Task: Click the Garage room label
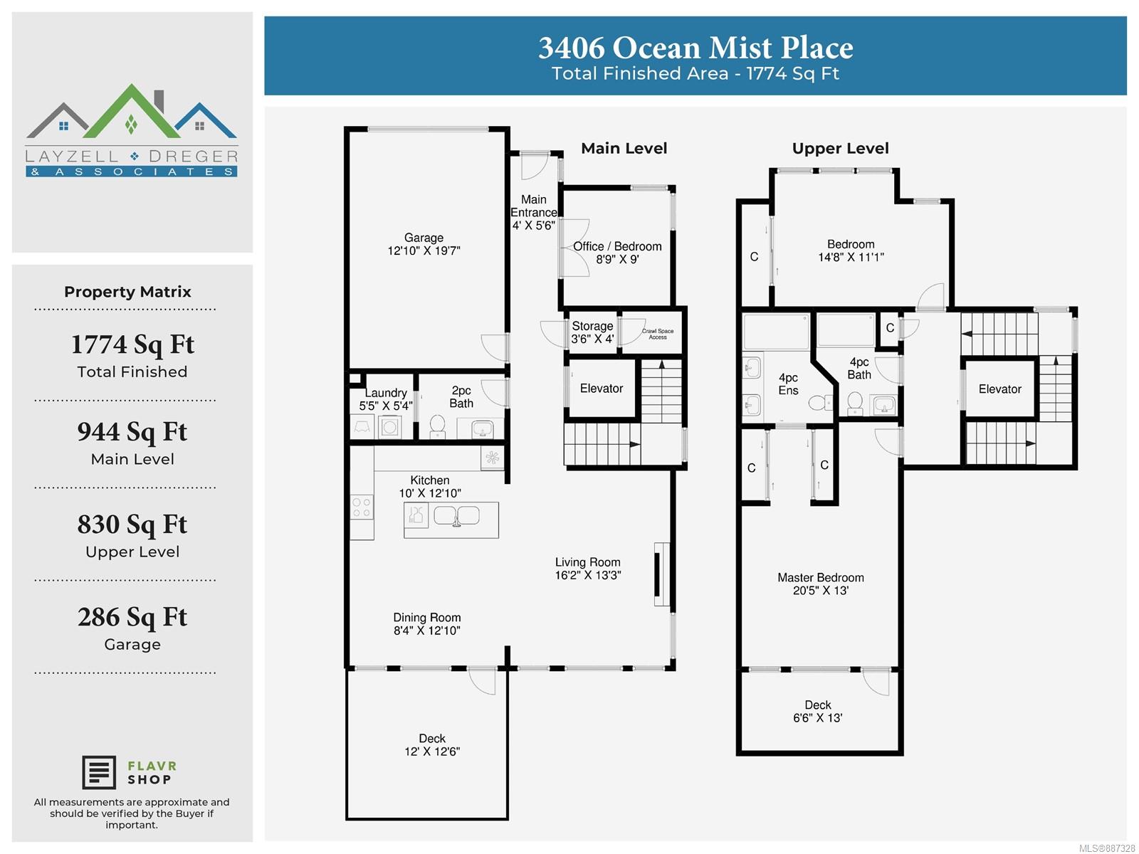tap(424, 238)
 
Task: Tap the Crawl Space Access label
tap(658, 334)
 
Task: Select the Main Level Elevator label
tap(602, 389)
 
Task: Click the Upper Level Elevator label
tap(999, 389)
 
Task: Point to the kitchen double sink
tap(456, 516)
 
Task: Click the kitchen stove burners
tap(361, 507)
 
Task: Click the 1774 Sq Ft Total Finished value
tap(133, 344)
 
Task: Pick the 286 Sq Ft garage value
tap(132, 617)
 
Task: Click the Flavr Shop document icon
tap(98, 772)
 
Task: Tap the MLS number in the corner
tap(1107, 848)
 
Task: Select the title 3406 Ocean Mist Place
tap(696, 48)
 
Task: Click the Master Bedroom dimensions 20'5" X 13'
tap(820, 590)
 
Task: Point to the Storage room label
tap(592, 326)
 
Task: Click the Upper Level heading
tap(840, 149)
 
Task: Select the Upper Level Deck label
tap(818, 705)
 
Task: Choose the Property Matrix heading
tap(127, 292)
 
